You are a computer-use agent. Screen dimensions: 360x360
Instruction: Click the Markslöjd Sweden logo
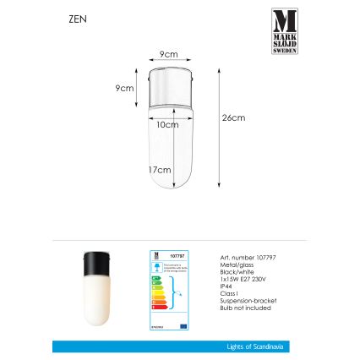[x=284, y=31]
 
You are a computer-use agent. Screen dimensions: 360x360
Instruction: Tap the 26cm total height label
[x=233, y=117]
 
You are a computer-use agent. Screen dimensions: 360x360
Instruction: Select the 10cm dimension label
[x=167, y=124]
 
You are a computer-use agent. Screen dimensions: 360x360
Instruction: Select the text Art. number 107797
[x=241, y=256]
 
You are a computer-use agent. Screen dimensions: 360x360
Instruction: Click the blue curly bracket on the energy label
[x=173, y=296]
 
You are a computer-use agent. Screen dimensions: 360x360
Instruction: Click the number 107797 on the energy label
[x=177, y=254]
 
